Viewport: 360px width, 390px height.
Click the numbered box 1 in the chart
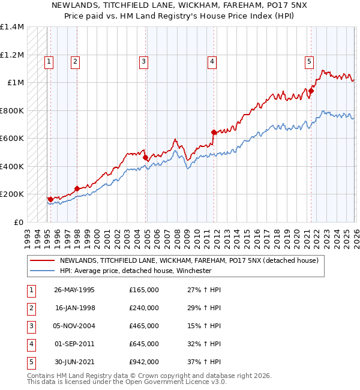[x=48, y=60]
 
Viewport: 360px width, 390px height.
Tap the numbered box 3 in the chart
[x=143, y=60]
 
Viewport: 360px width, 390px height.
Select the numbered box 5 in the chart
[x=309, y=60]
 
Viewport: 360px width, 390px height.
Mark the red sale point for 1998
[x=77, y=188]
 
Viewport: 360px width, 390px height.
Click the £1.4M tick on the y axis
[x=12, y=27]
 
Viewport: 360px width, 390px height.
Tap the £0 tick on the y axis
[x=19, y=222]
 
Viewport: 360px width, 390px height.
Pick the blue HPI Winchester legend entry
[x=136, y=271]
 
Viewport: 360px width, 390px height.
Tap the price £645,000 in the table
[x=144, y=344]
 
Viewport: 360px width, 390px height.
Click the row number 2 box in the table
[x=30, y=308]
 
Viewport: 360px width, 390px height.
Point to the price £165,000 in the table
[x=144, y=290]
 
